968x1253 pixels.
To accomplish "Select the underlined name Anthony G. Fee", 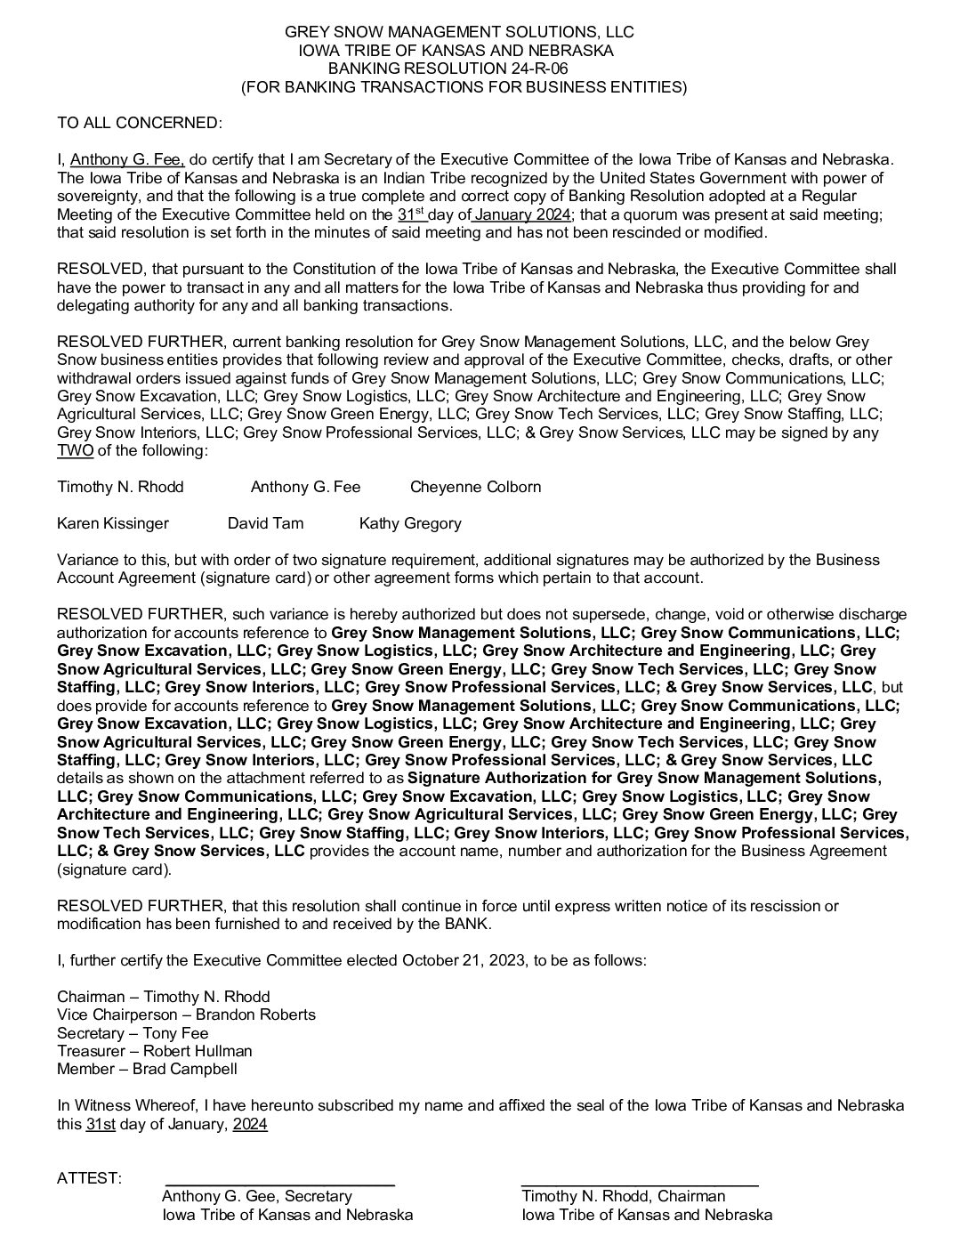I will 127,160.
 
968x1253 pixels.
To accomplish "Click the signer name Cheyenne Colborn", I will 475,487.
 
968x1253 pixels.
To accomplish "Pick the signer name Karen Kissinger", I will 113,523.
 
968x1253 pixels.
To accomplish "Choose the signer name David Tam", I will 265,523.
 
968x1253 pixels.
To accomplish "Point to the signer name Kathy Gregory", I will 410,523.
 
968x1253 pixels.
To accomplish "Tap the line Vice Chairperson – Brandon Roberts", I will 186,1015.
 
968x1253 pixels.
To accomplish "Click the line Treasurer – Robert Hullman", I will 155,1051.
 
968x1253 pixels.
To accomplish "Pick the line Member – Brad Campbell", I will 147,1069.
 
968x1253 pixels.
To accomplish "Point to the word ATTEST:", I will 89,1178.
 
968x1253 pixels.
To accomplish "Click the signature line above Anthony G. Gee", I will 280,1184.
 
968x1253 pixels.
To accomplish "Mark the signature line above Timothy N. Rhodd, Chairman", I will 640,1184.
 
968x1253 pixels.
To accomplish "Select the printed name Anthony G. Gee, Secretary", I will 257,1197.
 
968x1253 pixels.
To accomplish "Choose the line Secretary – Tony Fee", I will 133,1033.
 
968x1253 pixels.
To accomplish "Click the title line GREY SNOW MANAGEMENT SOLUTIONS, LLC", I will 459,32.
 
